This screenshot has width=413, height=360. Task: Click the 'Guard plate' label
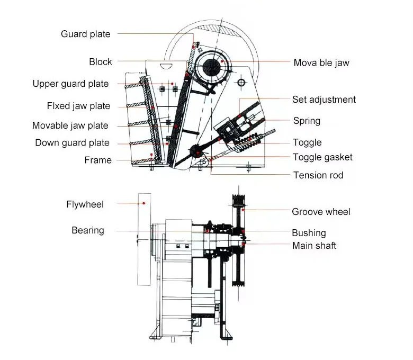(85, 34)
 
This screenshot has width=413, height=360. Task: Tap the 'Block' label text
(100, 62)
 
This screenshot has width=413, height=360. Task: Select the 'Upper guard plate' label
(70, 84)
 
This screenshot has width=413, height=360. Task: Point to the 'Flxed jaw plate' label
(78, 106)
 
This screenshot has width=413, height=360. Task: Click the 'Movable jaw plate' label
(70, 125)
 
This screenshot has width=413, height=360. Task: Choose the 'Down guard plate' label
(72, 143)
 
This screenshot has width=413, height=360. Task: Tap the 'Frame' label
(98, 160)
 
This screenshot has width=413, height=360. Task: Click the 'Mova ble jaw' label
(321, 62)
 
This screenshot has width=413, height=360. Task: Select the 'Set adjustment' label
(324, 100)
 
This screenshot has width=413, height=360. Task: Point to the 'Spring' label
(307, 121)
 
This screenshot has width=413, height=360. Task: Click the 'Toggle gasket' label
(322, 157)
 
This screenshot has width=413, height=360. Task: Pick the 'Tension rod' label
(318, 175)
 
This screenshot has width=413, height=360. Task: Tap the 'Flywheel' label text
(85, 204)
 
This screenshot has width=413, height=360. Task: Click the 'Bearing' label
(88, 230)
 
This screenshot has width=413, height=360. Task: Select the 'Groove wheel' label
(321, 212)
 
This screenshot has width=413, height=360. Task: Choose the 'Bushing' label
(309, 233)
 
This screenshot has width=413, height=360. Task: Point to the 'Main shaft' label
(314, 246)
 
